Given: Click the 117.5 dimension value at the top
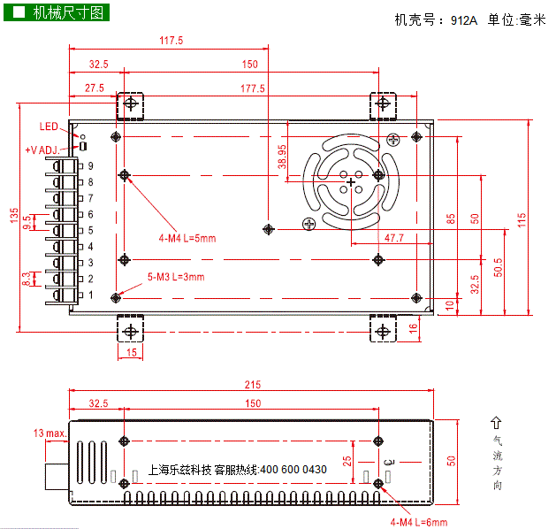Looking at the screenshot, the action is pyautogui.click(x=171, y=41).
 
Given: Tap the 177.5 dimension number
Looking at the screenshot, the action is pyautogui.click(x=253, y=88).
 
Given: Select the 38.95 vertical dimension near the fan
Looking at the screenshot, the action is pyautogui.click(x=282, y=157).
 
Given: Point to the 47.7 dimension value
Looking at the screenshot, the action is pyautogui.click(x=394, y=238).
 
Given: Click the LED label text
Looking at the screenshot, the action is pyautogui.click(x=49, y=126).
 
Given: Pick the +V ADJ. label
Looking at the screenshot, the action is pyautogui.click(x=42, y=150).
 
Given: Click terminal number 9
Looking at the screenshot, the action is pyautogui.click(x=91, y=166).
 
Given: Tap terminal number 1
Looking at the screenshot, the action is pyautogui.click(x=91, y=295).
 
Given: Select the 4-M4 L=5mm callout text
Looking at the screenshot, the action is pyautogui.click(x=187, y=238).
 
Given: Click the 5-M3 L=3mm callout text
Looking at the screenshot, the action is pyautogui.click(x=176, y=277).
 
